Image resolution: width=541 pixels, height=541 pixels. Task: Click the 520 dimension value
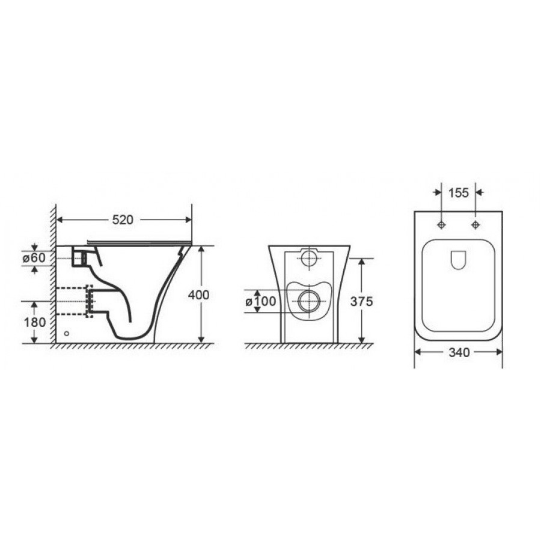(123, 220)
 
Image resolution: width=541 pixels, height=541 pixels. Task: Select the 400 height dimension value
(198, 295)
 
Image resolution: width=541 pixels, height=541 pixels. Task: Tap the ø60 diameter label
(34, 258)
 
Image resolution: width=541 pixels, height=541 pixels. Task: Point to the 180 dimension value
(34, 322)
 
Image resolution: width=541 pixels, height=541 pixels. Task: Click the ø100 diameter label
(261, 301)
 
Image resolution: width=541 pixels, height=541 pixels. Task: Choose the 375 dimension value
(362, 302)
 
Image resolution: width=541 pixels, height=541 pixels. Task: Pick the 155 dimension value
(459, 193)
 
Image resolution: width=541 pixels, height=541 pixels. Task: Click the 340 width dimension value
(459, 352)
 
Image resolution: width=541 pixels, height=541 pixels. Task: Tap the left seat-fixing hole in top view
(442, 225)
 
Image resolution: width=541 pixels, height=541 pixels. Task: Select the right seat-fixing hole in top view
(476, 225)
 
